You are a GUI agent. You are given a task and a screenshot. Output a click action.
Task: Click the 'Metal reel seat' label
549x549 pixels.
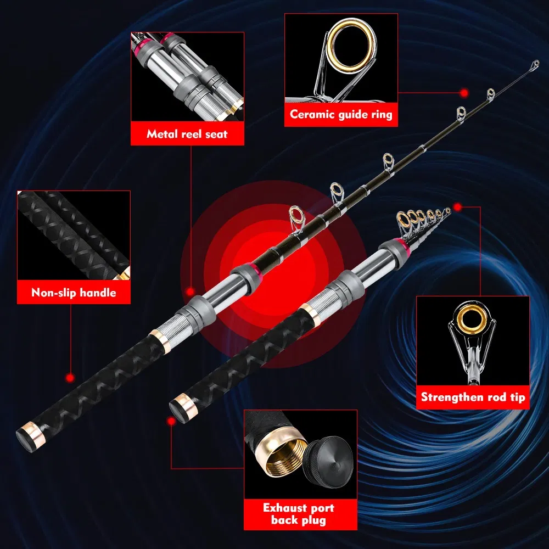[x=187, y=134]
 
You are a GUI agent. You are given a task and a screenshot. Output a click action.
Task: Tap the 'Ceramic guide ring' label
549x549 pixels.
[x=341, y=115]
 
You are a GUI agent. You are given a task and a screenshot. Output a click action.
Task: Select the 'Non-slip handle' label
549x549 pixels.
[x=74, y=293]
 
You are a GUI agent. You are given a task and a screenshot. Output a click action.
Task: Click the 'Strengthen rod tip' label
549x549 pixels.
[x=473, y=397]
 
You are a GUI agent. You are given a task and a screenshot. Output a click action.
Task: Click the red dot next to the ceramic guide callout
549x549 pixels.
[x=464, y=93]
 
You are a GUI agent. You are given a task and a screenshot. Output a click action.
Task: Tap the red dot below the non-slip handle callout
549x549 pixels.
[x=70, y=378]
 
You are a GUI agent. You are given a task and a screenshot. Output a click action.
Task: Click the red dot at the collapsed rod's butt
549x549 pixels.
[x=171, y=420]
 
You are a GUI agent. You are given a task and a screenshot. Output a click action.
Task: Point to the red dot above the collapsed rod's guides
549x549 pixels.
[x=457, y=207]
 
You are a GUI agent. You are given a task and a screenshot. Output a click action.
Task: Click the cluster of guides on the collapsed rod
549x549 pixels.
[x=423, y=219]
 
